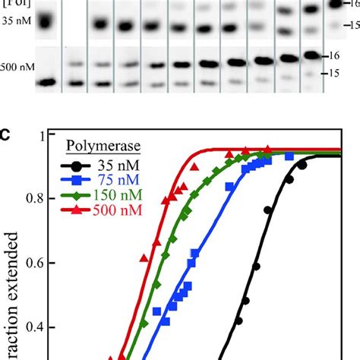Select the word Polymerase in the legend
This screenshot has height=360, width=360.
[96, 146]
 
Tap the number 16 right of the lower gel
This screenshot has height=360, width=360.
[332, 56]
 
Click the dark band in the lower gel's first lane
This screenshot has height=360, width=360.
[48, 81]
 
